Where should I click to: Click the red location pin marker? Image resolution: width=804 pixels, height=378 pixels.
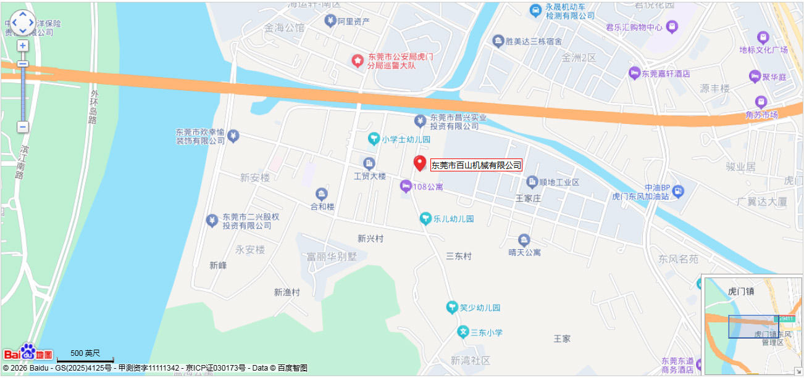(420, 163)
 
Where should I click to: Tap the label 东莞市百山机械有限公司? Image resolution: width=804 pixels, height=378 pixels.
(476, 165)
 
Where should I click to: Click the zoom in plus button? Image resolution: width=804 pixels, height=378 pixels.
(23, 46)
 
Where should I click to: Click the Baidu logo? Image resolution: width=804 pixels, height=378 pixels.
(28, 352)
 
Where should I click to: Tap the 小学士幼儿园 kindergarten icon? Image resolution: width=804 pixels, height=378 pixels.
(374, 139)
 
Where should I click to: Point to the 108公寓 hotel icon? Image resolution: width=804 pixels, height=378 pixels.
(406, 186)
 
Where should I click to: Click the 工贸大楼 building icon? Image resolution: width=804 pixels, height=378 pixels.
(369, 163)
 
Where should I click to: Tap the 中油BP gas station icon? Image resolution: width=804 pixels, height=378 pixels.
(678, 191)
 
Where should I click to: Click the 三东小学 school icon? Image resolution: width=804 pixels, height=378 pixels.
(463, 332)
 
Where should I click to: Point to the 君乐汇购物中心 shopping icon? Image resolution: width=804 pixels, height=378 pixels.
(672, 27)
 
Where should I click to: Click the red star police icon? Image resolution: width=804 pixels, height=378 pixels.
(357, 60)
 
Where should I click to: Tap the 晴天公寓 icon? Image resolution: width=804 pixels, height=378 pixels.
(524, 240)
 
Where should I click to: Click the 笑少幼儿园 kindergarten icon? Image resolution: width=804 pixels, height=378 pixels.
(452, 307)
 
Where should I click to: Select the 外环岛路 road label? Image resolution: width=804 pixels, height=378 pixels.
(93, 107)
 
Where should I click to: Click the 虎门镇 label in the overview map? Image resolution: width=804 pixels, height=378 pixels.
(742, 291)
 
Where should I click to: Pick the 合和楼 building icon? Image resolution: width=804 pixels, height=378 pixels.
(321, 194)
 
